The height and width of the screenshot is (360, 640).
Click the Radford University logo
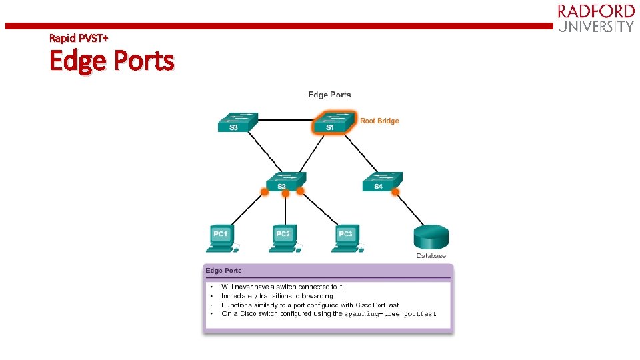(595, 19)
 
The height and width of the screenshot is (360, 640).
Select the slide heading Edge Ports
(111, 61)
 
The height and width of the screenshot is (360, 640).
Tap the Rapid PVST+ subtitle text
(77, 38)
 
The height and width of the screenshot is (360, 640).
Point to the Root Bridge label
(379, 121)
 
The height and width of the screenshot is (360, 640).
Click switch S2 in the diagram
(285, 181)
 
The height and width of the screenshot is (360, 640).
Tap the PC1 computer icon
(221, 238)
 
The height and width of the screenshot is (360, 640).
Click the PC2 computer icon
(283, 238)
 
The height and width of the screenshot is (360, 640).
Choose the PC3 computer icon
(346, 238)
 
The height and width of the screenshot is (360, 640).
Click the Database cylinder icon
(431, 237)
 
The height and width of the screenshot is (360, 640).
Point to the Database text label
(431, 256)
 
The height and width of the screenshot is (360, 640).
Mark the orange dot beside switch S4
(395, 192)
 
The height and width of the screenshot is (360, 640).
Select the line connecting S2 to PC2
(285, 210)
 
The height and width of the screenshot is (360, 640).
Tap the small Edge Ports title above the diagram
(329, 95)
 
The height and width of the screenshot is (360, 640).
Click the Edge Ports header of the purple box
(224, 271)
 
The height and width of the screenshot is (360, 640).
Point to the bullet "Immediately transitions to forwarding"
(277, 295)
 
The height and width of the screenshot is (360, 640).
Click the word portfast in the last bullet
(420, 314)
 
